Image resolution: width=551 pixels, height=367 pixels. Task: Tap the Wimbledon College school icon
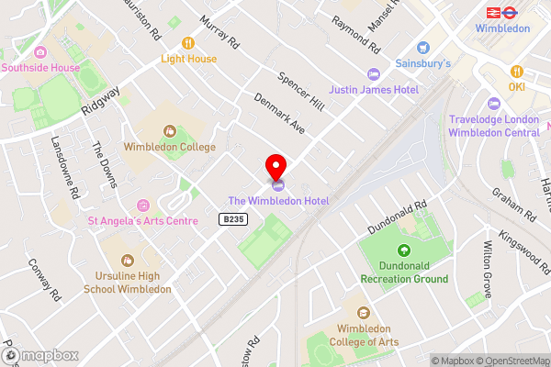170,130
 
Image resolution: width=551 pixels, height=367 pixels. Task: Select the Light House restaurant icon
189,42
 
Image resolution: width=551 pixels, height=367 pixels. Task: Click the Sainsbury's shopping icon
423,47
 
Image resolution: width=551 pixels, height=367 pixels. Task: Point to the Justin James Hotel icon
373,73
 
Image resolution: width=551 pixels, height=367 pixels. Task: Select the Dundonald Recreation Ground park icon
403,250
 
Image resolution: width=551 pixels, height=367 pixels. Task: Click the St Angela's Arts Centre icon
142,205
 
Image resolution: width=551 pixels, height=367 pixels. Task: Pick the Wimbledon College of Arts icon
364,313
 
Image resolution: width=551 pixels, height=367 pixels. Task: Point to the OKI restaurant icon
517,72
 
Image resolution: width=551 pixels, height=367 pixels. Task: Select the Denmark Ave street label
280,114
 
